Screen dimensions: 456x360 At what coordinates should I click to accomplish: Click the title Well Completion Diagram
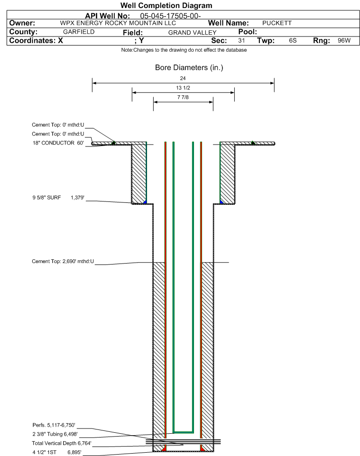tap(166, 6)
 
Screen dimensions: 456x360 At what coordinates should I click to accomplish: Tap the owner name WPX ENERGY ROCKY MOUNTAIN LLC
tap(118, 23)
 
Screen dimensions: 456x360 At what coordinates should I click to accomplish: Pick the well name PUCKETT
tap(277, 23)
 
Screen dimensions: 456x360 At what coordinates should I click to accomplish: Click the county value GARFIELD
tap(79, 32)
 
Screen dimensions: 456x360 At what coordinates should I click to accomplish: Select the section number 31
tap(241, 41)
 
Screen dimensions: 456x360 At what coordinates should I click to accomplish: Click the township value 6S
tap(293, 41)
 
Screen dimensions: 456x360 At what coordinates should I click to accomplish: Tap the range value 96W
tap(344, 41)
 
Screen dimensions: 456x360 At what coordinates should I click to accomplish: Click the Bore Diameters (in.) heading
tap(189, 68)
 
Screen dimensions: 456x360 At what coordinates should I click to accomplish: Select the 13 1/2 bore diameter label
tap(183, 88)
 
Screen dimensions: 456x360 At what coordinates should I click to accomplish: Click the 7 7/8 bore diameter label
tap(183, 98)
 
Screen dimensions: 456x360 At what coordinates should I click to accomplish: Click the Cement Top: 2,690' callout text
tap(63, 261)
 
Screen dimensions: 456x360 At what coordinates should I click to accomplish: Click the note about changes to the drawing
tap(184, 50)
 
